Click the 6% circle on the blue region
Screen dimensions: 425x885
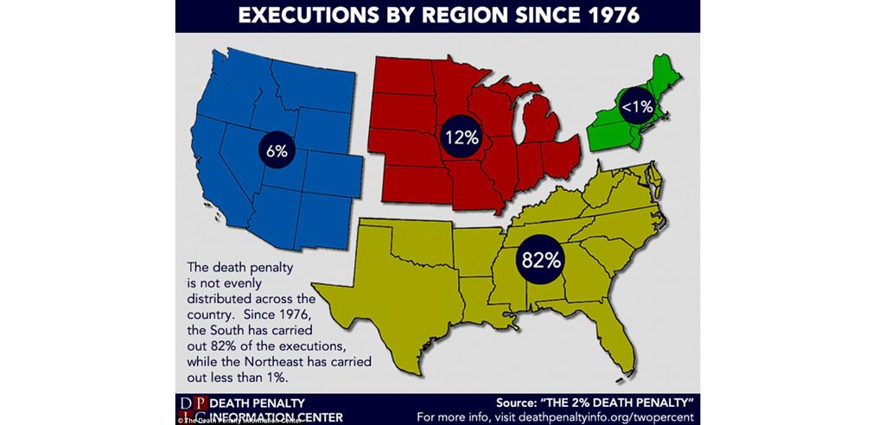click(x=277, y=149)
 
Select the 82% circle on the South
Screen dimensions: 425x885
click(x=542, y=258)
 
